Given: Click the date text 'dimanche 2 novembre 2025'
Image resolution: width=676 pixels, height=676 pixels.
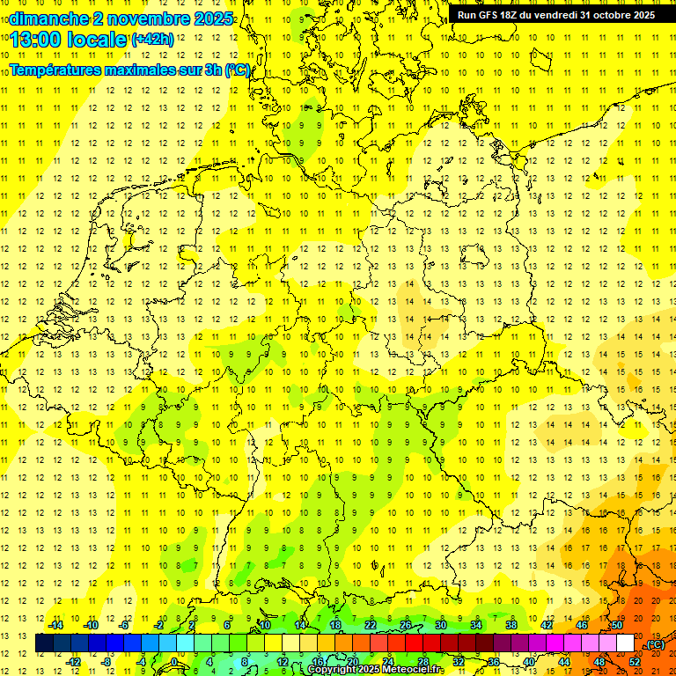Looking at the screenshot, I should tap(121, 18).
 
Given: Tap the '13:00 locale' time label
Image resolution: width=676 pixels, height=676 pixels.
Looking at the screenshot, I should tap(69, 40).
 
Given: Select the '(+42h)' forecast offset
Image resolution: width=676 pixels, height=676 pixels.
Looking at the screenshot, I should tap(152, 40).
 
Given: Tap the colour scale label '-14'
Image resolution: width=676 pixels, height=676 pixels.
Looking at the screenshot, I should tap(56, 625).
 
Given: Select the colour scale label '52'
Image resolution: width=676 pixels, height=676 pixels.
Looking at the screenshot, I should tap(634, 661).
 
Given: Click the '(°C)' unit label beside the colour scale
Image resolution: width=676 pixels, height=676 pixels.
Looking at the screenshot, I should tap(655, 643).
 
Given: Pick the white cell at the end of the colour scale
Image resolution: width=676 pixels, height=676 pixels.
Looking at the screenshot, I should tap(626, 643).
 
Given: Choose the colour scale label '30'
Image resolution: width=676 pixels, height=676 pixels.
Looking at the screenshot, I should tap(440, 625).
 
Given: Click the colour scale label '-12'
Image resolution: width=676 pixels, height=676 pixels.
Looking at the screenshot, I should tap(74, 661).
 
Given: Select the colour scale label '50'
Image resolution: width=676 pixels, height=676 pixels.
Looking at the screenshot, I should tap(616, 625).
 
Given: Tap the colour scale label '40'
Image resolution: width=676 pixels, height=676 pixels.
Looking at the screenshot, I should tap(528, 661).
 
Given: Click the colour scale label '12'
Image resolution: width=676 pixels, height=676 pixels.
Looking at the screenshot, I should tap(282, 661).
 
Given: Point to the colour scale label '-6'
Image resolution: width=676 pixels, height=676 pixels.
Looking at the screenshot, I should tap(124, 625).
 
